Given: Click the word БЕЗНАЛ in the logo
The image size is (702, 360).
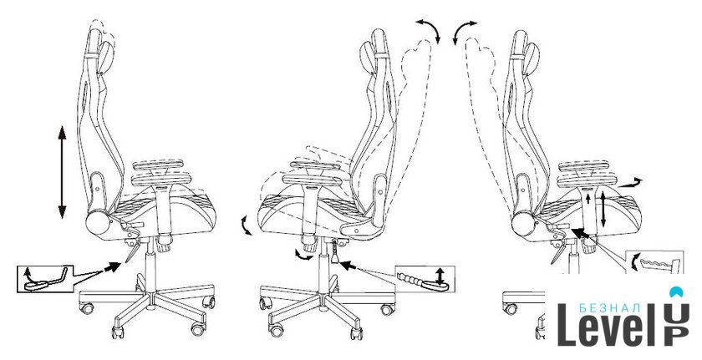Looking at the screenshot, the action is pyautogui.click(x=610, y=307).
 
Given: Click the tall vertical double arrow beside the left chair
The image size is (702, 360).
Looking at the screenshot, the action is pyautogui.click(x=62, y=172).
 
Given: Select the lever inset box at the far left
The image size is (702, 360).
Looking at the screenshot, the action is pyautogui.click(x=45, y=278).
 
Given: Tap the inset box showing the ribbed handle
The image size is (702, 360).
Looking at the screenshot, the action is pyautogui.click(x=425, y=279).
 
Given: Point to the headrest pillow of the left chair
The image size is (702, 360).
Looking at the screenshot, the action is pyautogui.click(x=108, y=58).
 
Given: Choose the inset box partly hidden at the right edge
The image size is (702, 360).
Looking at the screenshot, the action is pyautogui.click(x=654, y=262).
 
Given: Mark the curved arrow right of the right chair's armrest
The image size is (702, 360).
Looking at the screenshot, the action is pyautogui.click(x=630, y=182).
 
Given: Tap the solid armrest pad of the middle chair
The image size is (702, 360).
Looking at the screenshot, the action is pyautogui.click(x=312, y=180).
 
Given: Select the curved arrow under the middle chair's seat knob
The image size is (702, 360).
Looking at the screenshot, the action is pyautogui.click(x=303, y=256).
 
